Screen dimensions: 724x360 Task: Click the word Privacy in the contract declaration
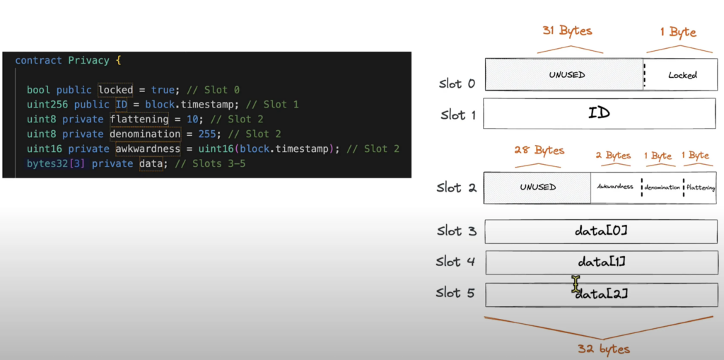click(88, 61)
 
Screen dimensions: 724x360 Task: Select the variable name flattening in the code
click(139, 120)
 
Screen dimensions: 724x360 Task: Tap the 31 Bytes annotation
click(567, 31)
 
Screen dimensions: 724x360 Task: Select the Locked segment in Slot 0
click(682, 75)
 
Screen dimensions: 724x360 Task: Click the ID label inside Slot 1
click(599, 113)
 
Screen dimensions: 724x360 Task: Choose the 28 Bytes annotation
click(539, 151)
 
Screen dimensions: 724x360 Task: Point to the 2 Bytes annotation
click(612, 156)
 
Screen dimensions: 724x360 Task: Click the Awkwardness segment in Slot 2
click(614, 187)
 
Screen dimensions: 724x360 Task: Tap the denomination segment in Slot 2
click(662, 187)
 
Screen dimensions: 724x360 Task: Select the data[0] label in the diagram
click(601, 231)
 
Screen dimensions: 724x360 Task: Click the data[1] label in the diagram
click(602, 262)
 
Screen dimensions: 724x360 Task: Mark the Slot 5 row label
click(455, 293)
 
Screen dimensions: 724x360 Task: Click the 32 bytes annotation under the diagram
click(604, 349)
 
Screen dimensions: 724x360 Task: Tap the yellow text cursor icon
click(576, 284)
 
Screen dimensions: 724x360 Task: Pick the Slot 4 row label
click(455, 262)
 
